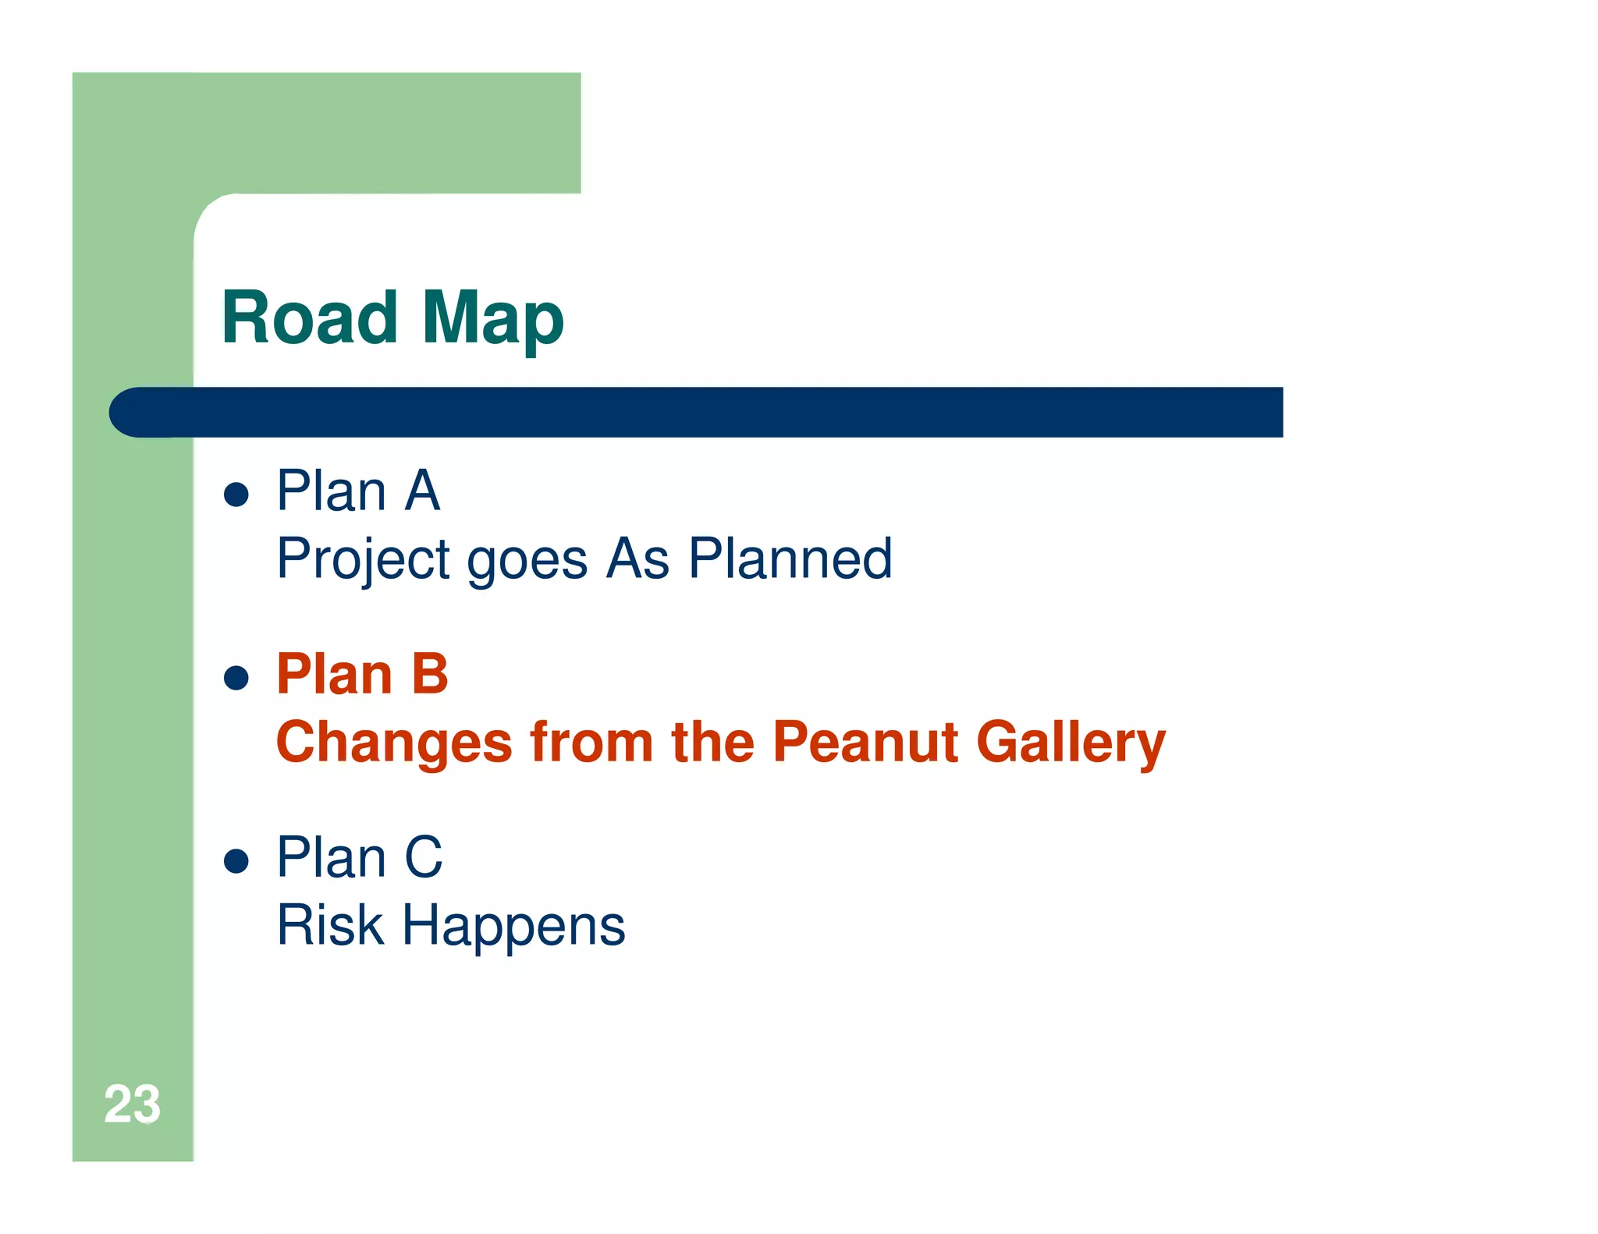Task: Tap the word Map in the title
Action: (x=492, y=320)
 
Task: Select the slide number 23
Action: (x=132, y=1105)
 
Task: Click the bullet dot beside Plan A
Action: (x=236, y=494)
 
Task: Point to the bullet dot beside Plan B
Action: (x=236, y=677)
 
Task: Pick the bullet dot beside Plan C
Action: (x=236, y=860)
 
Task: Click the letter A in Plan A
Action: (x=422, y=491)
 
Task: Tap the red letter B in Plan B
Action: (x=429, y=674)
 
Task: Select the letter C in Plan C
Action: (x=424, y=857)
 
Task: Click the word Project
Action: (x=364, y=560)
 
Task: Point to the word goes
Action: (x=527, y=562)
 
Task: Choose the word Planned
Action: (x=790, y=558)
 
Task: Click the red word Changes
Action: (x=394, y=743)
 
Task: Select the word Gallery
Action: (x=1071, y=743)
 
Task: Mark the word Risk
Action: (x=330, y=925)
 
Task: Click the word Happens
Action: (x=513, y=927)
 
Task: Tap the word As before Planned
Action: (x=638, y=558)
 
